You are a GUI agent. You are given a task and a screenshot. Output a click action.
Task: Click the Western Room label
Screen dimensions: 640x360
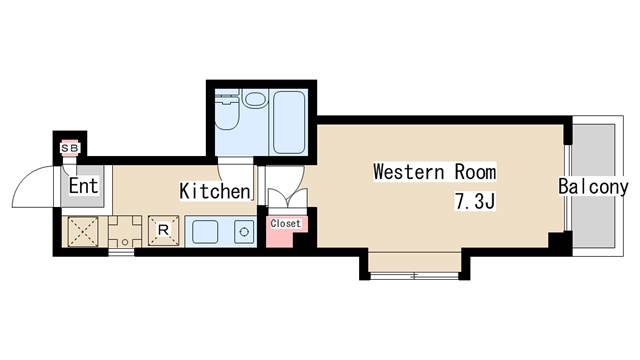[435, 171]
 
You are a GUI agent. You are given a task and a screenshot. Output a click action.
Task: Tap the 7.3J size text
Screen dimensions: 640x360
[475, 202]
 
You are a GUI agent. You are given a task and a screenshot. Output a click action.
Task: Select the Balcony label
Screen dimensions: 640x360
[593, 187]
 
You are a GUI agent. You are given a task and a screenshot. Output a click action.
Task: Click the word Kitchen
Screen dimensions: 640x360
[215, 191]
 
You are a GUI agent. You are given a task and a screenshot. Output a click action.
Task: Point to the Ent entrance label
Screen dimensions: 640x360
[83, 186]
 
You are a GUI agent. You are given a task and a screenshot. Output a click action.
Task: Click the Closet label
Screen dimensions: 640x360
[285, 224]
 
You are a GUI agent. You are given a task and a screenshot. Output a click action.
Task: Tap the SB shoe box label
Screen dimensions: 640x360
[69, 148]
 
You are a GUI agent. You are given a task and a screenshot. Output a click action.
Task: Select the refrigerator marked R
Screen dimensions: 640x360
[163, 231]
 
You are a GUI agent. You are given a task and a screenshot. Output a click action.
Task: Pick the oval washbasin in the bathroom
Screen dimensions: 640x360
[255, 100]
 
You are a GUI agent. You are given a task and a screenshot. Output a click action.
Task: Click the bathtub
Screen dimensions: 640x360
[289, 122]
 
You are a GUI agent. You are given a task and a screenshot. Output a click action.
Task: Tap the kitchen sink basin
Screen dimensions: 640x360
[205, 232]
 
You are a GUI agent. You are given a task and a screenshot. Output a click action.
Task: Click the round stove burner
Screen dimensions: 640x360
[244, 232]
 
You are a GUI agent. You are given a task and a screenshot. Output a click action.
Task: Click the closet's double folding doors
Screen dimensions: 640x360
[288, 198]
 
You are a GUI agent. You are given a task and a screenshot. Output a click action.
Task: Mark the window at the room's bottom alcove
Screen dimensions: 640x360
[414, 276]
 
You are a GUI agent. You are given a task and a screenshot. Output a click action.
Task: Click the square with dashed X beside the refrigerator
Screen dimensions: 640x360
[83, 231]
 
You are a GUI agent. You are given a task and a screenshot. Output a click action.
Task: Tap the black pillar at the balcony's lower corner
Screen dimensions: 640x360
[560, 243]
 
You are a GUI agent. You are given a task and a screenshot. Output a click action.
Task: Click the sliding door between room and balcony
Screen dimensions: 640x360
[567, 188]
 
